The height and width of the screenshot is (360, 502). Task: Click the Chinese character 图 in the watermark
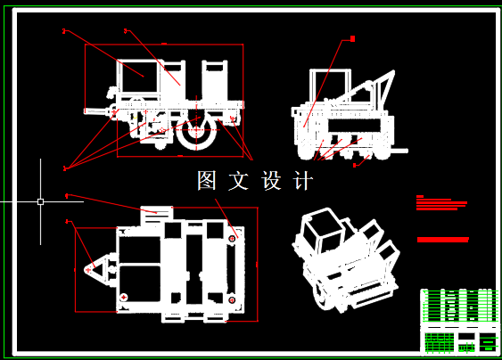(207, 181)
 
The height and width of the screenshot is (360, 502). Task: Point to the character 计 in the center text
(303, 181)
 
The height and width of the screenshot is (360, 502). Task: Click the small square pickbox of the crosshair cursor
(40, 201)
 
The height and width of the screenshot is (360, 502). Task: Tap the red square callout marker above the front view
(352, 39)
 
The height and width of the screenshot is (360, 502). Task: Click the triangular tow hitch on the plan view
(94, 267)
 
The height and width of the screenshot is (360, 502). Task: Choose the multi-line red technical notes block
(441, 202)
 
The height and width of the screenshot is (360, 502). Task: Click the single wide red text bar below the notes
(443, 240)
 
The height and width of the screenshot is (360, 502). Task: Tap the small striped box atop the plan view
(157, 211)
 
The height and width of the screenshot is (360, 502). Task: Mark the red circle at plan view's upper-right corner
(233, 239)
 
